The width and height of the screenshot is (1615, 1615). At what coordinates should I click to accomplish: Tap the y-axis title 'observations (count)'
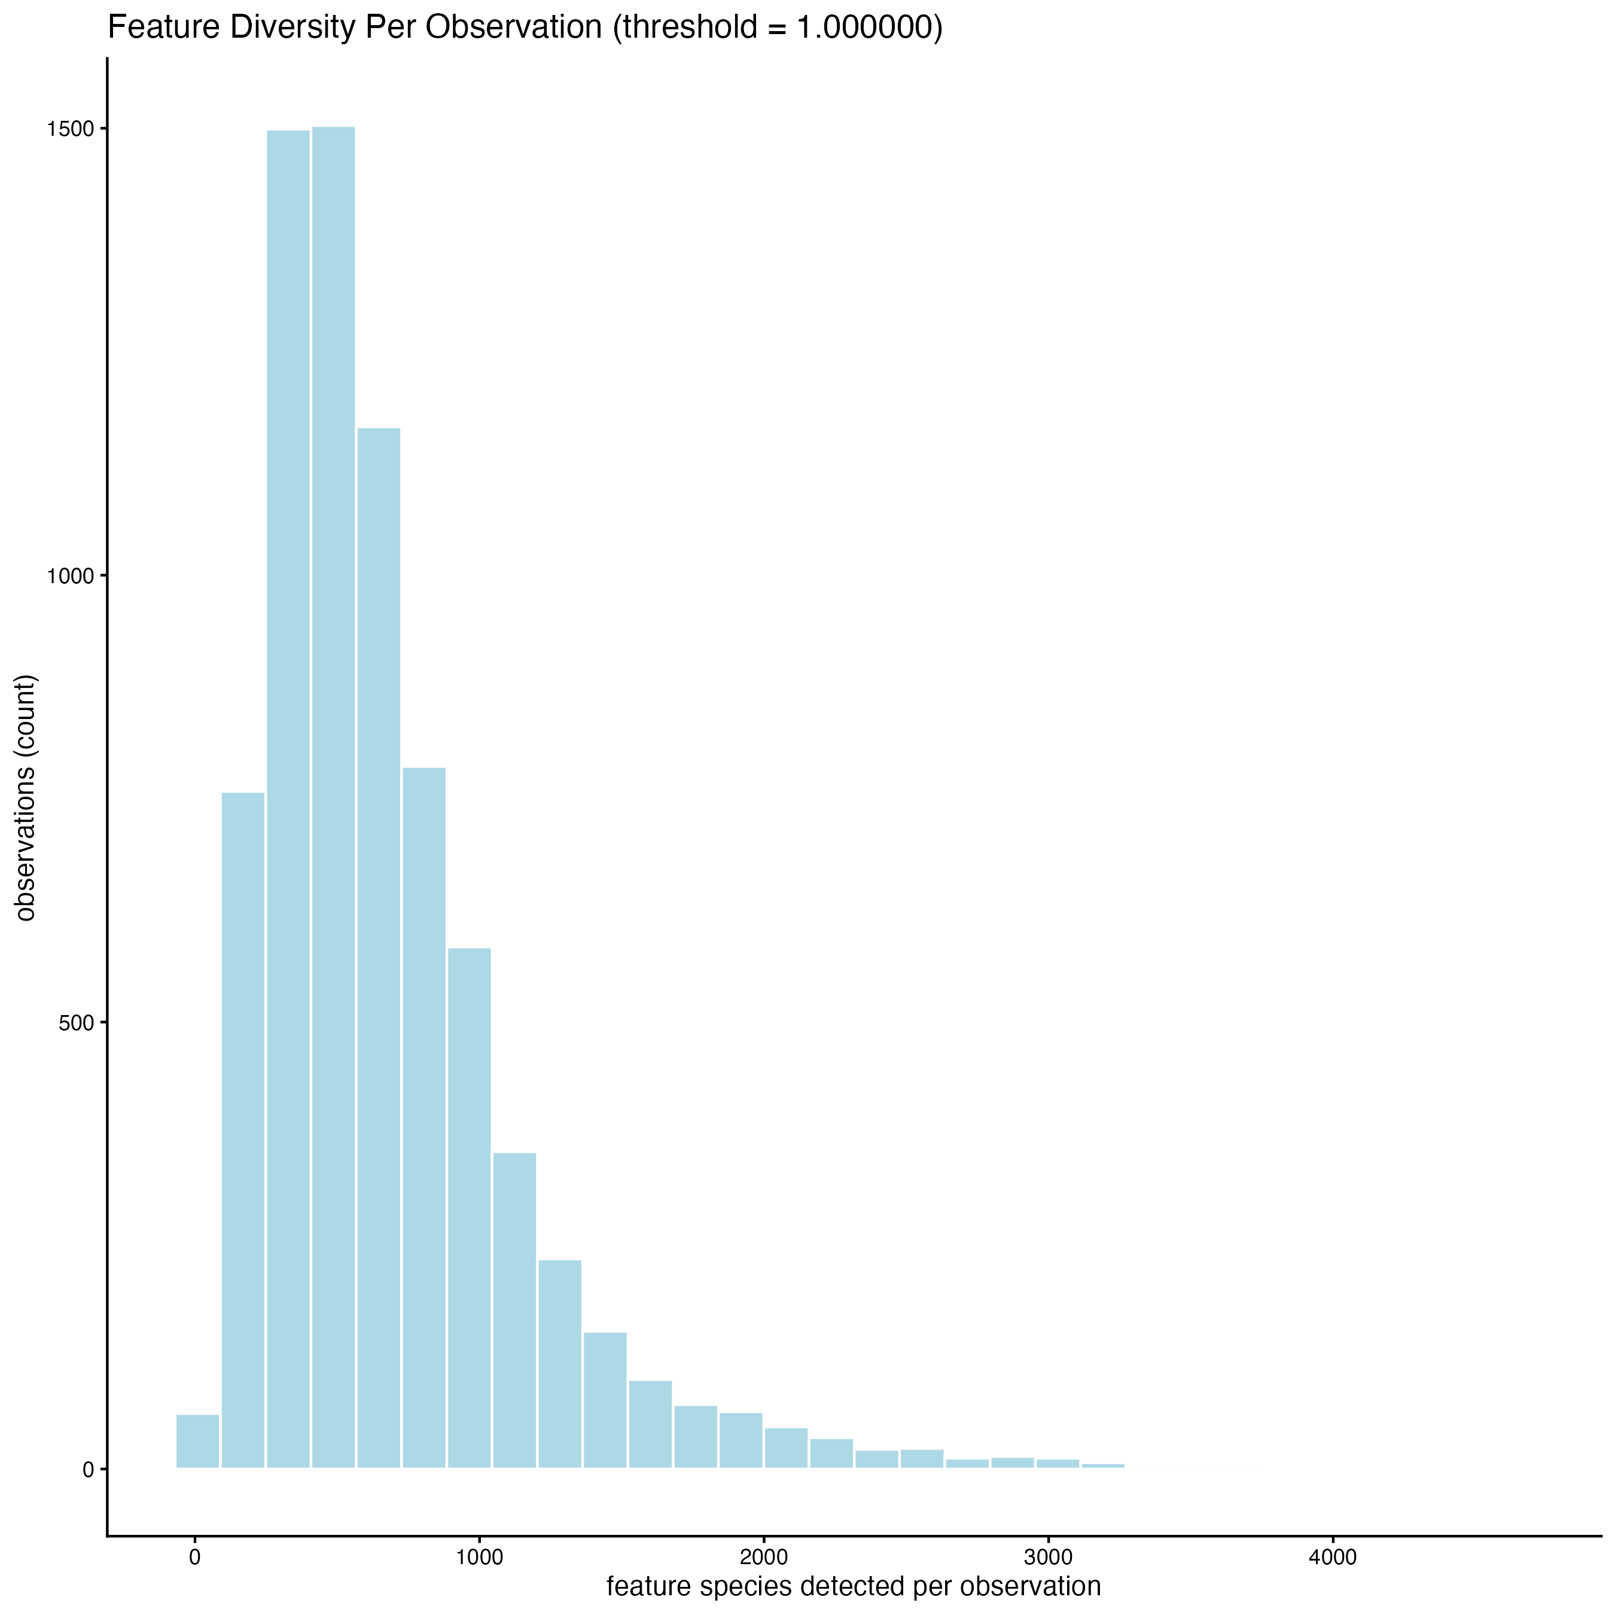[x=27, y=799]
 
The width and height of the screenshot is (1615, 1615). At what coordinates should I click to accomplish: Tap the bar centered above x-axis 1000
[x=469, y=1208]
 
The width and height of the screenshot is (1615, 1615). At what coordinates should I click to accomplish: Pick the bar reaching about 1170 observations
[x=379, y=944]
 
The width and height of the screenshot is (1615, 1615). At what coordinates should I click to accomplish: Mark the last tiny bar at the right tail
[x=1102, y=1464]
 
